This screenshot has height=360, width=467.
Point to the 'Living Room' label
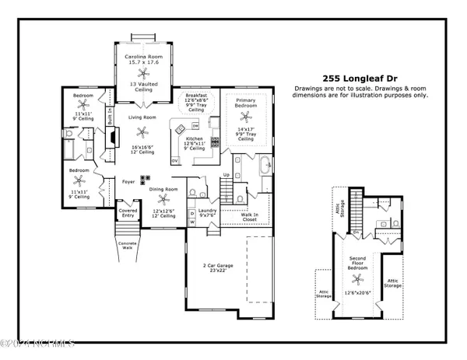(x=142, y=117)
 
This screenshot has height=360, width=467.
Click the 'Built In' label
(x=111, y=117)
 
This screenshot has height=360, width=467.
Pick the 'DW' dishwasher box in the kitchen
(x=195, y=124)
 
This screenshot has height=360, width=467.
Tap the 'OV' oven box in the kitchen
(x=175, y=160)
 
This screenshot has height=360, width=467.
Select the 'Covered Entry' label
(x=128, y=213)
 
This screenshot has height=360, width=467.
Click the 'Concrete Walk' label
(x=128, y=246)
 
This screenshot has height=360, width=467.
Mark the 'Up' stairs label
(x=226, y=175)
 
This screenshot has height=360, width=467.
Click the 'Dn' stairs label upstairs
(x=355, y=232)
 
